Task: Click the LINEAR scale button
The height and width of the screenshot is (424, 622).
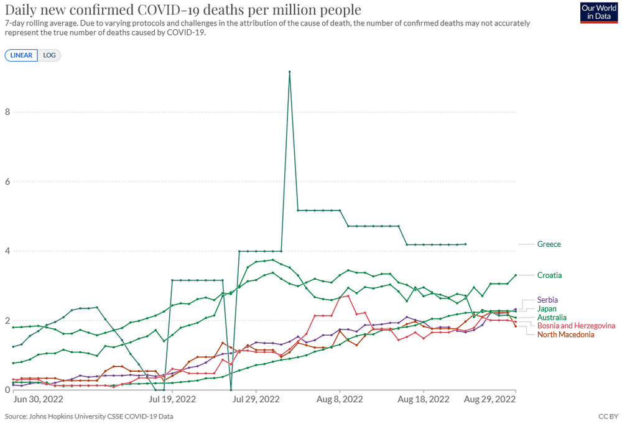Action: point(21,55)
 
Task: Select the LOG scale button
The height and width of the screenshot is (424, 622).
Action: point(49,55)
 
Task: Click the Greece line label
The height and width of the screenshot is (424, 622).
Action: point(549,244)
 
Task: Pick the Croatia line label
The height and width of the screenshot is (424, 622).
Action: point(550,275)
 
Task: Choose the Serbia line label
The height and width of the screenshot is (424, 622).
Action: point(548,300)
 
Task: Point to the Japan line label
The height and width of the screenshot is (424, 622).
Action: point(547,308)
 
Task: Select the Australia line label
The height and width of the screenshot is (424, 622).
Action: point(552,317)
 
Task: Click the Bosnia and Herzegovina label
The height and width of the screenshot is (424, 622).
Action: point(576,326)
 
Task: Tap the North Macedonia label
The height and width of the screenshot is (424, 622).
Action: point(565,334)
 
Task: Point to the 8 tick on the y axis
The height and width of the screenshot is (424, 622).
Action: point(7,113)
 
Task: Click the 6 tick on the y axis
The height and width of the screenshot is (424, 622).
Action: point(7,182)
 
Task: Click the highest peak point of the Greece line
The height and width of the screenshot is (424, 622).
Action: point(290,72)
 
